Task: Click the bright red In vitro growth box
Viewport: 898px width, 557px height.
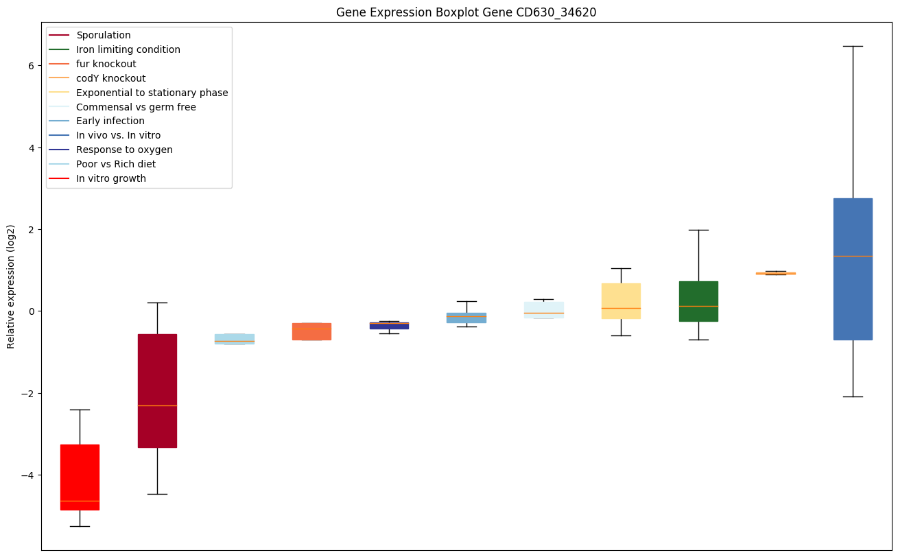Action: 80,477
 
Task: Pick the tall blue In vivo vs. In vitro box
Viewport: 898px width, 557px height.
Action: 853,269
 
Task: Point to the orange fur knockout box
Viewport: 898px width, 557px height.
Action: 311,331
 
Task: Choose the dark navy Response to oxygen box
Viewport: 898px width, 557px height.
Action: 389,326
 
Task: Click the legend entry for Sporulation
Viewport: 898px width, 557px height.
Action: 104,35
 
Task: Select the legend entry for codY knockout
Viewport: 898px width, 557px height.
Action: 110,78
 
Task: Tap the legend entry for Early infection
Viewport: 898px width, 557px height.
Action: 110,121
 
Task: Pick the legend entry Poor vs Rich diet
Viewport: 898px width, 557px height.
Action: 116,164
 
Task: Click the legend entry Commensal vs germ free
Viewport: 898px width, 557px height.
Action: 136,107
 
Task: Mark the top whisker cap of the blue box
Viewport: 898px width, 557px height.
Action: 853,46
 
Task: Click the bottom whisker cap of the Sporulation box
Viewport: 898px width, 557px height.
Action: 157,494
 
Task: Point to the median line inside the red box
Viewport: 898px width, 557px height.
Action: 80,501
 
